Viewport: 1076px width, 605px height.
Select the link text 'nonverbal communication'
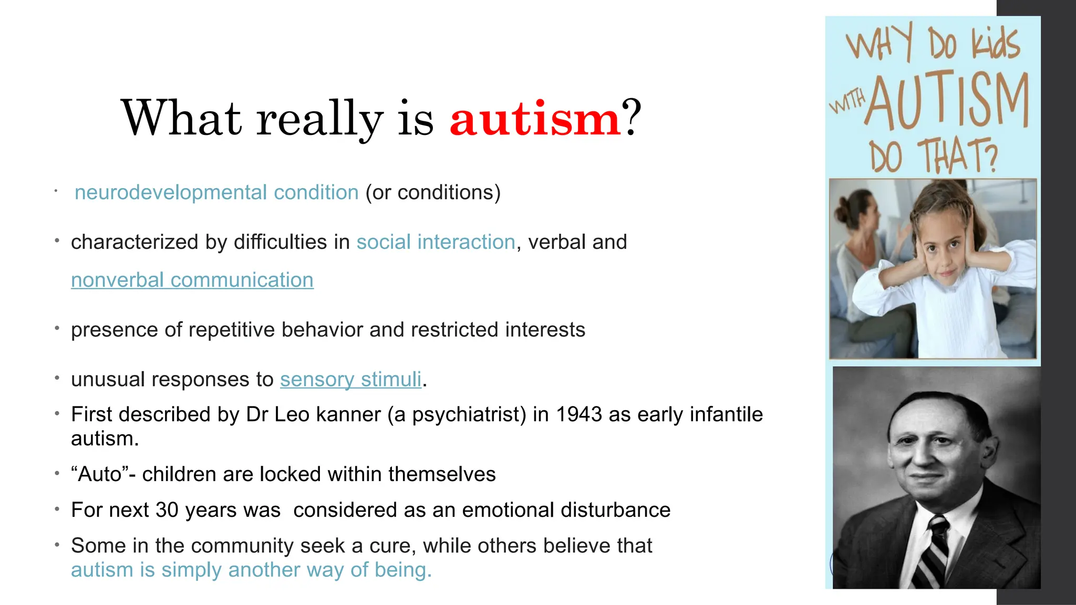[192, 280]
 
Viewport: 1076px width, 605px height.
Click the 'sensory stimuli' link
[350, 379]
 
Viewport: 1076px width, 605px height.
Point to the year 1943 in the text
[578, 414]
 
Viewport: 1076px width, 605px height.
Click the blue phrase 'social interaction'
[436, 242]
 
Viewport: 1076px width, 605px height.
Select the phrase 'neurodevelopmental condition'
[216, 192]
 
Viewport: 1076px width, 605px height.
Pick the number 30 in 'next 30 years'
[167, 510]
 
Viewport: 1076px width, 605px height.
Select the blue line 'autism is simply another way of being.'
[251, 570]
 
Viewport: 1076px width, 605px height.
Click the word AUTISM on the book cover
[946, 102]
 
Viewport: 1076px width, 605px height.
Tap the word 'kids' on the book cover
[995, 43]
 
